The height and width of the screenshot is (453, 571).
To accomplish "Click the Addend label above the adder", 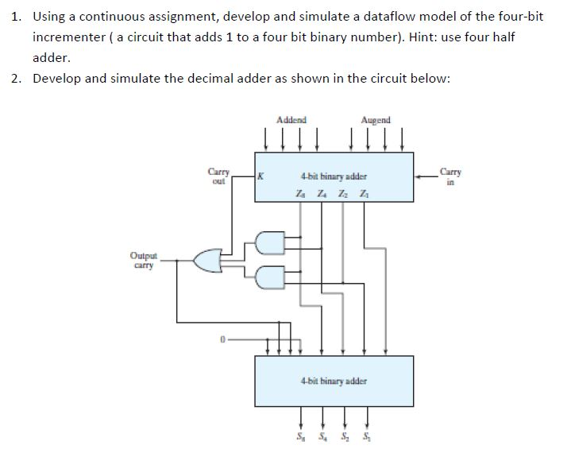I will (x=291, y=120).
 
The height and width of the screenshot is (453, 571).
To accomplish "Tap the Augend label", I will (x=376, y=120).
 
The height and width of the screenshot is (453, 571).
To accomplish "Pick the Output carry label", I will (x=144, y=261).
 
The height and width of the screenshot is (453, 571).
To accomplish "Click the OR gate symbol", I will (x=207, y=259).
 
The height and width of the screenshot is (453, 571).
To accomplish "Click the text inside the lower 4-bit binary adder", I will (x=334, y=381).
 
